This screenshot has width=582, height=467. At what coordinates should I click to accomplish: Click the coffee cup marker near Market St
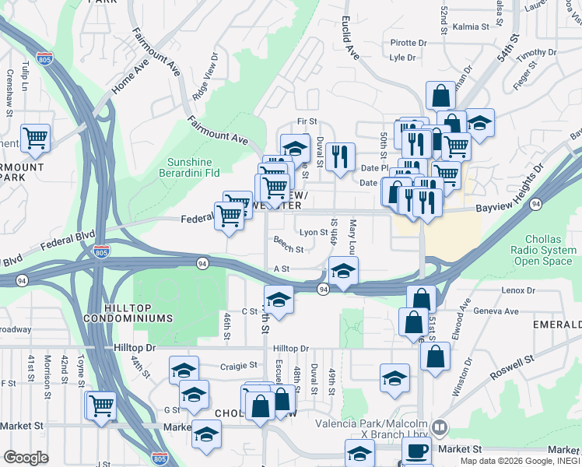point(416,450)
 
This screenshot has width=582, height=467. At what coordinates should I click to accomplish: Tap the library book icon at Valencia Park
point(440,427)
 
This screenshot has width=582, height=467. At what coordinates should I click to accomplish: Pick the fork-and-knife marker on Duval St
point(340,156)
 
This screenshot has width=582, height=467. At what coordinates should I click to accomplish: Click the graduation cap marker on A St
point(343,272)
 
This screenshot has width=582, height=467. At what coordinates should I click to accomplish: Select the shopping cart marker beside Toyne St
point(101,405)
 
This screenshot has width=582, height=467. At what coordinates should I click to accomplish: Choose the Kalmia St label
point(471,26)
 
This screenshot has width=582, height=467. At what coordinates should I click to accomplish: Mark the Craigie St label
point(238,365)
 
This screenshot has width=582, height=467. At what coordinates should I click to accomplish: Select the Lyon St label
point(313,232)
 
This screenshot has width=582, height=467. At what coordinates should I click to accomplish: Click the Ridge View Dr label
point(205,78)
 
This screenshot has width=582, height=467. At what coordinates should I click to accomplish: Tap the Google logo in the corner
point(26,457)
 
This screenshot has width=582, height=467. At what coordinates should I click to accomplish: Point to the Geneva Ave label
point(496,311)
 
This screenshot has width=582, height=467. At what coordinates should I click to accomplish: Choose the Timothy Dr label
point(537,53)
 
